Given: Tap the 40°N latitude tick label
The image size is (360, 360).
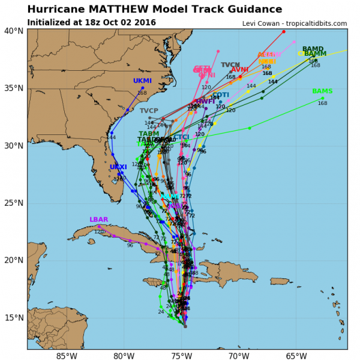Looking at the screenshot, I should click(14, 31).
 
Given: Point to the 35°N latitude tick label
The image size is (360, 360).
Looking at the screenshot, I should click(14, 88).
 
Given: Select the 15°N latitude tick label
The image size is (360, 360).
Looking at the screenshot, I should click(14, 317).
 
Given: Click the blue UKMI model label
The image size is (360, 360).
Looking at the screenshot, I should click(142, 80).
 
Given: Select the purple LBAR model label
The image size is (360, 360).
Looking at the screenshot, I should click(99, 220).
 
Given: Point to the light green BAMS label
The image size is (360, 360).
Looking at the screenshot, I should click(322, 91).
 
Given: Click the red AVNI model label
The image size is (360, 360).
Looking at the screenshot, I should click(239, 70).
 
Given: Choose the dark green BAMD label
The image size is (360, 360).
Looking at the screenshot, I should click(313, 49).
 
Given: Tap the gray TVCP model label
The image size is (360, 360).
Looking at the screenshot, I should click(149, 110).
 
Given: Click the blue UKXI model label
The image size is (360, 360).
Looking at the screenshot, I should click(118, 167).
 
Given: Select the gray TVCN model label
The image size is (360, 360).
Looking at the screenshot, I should click(230, 65).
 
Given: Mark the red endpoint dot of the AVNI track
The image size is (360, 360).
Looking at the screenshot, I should click(284, 31).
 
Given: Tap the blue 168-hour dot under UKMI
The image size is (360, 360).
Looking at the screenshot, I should click(142, 88).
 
